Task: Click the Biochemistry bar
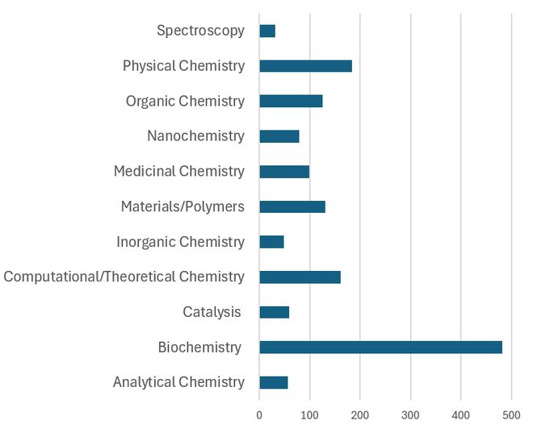coord(380,348)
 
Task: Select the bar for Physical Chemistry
coord(305,66)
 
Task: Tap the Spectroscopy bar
coord(267,31)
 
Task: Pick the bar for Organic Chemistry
coord(291,101)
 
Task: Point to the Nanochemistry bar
coord(279,136)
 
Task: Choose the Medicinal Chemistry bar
coord(284,171)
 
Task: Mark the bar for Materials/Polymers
coord(292,206)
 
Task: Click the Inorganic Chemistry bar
coord(271,242)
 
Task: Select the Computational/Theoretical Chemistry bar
coord(300,277)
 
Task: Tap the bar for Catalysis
coord(274,312)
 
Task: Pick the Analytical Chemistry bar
coord(273,382)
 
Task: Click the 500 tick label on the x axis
coord(511,414)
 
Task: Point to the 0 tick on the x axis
coord(259,414)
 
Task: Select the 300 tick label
coord(410,414)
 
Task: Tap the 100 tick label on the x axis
coord(309,414)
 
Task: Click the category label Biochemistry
coord(199,348)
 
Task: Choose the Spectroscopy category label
coord(200,31)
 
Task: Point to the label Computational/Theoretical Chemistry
coord(124,277)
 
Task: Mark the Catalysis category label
coord(212,312)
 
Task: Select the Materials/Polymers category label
coord(183,206)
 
